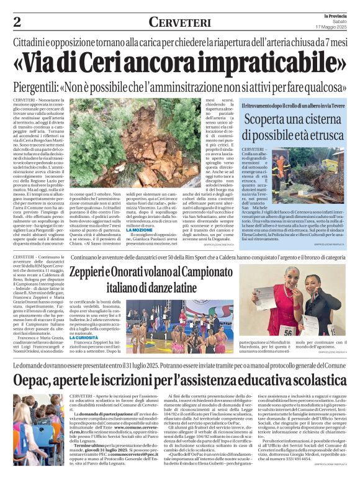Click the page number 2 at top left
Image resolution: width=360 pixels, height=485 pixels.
pyautogui.click(x=17, y=22)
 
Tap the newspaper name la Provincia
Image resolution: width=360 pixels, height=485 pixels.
pyautogui.click(x=335, y=15)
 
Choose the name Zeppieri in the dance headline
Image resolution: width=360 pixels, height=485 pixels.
pyautogui.click(x=92, y=271)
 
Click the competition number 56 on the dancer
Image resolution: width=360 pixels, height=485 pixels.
pyautogui.click(x=288, y=330)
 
